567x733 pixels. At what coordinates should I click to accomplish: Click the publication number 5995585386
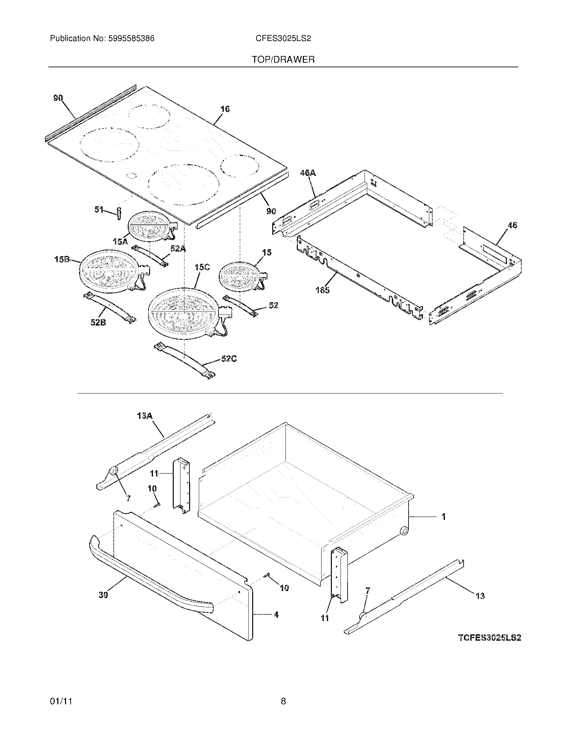(131, 39)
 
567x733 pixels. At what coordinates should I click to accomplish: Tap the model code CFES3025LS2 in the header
(283, 39)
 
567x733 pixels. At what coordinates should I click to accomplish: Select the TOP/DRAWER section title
(283, 60)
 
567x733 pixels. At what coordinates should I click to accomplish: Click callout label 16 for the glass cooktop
(225, 109)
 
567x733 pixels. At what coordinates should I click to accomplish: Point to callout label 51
(98, 210)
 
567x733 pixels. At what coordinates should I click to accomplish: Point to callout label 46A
(308, 173)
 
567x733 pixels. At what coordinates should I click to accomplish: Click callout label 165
(323, 290)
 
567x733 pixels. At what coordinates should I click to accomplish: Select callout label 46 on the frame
(512, 225)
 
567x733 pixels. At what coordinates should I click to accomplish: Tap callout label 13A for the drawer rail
(145, 416)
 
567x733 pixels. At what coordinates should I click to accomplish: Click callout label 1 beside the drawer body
(444, 517)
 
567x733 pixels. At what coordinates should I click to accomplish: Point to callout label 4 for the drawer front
(276, 615)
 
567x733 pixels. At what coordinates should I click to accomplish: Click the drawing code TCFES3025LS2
(490, 638)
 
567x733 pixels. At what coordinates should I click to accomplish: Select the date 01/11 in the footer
(61, 701)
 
